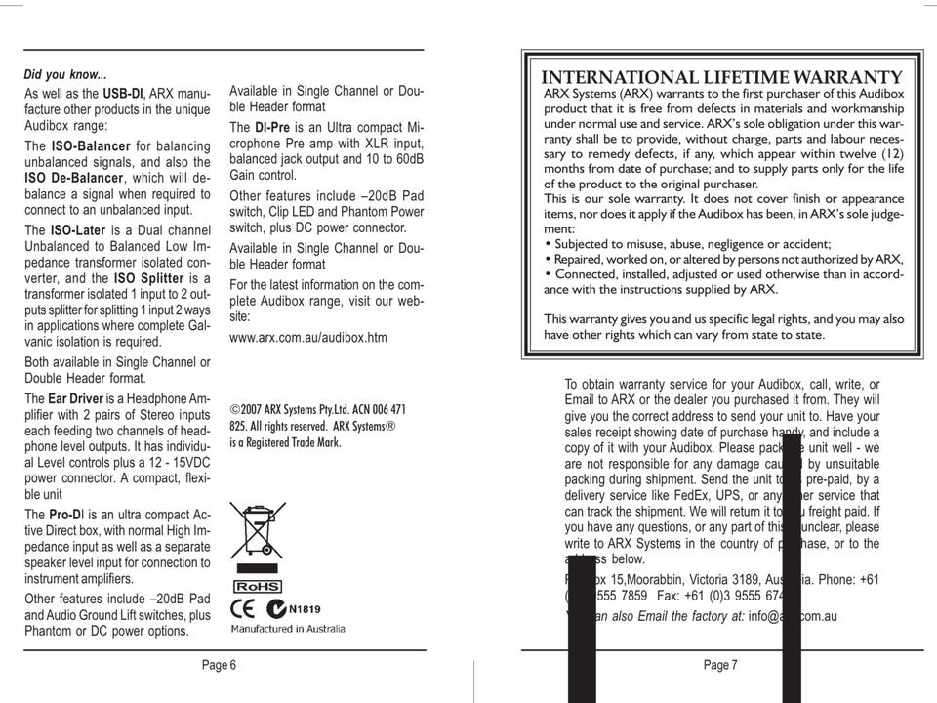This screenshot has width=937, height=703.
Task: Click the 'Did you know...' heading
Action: [65, 74]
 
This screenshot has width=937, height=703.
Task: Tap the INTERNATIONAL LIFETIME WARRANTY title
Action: [721, 78]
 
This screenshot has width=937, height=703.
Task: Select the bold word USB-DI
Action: [123, 93]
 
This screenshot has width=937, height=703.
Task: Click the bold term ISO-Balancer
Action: [92, 145]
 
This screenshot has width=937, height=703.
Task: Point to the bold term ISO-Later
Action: [78, 230]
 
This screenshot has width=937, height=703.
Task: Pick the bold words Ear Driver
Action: [78, 398]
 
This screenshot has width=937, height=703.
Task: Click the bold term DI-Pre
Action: [272, 128]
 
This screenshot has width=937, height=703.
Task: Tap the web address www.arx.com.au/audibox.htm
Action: [308, 338]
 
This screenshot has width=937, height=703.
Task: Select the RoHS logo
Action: [257, 587]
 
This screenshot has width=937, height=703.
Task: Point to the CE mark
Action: [243, 608]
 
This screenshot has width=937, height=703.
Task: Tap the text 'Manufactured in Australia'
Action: [288, 629]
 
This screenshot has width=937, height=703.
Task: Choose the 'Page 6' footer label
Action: [219, 665]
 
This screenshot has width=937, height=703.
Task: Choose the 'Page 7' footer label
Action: [720, 665]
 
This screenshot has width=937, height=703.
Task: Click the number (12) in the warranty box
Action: [892, 154]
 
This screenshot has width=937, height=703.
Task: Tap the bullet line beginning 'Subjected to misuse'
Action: [687, 244]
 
